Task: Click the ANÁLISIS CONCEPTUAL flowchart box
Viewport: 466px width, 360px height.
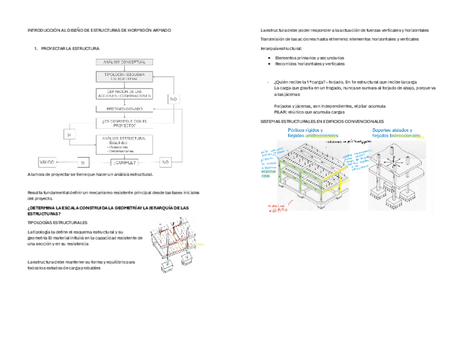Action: [x=125, y=62]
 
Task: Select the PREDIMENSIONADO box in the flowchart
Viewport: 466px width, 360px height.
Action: [x=125, y=108]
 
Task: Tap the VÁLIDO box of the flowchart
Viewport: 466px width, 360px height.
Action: [x=47, y=163]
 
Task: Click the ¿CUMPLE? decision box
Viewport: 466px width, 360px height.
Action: [x=124, y=163]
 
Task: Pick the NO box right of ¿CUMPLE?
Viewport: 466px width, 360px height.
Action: [x=166, y=163]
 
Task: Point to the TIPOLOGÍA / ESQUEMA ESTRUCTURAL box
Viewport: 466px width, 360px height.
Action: [x=125, y=76]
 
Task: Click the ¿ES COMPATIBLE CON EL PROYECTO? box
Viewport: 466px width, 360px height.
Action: [x=125, y=123]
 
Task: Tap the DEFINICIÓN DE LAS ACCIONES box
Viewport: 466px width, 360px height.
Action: [x=125, y=93]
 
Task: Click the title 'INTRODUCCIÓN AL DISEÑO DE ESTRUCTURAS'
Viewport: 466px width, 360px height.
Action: [x=99, y=31]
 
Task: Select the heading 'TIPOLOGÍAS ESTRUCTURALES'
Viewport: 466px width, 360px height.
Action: [x=57, y=223]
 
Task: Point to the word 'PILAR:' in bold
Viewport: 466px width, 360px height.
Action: [x=280, y=112]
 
